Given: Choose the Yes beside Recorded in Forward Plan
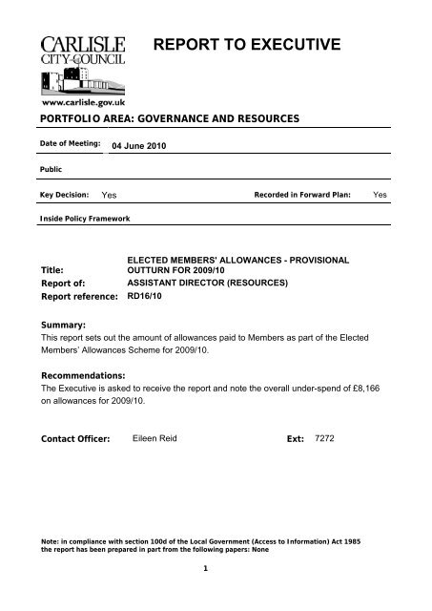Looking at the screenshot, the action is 380,194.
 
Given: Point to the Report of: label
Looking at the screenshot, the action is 62,284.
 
